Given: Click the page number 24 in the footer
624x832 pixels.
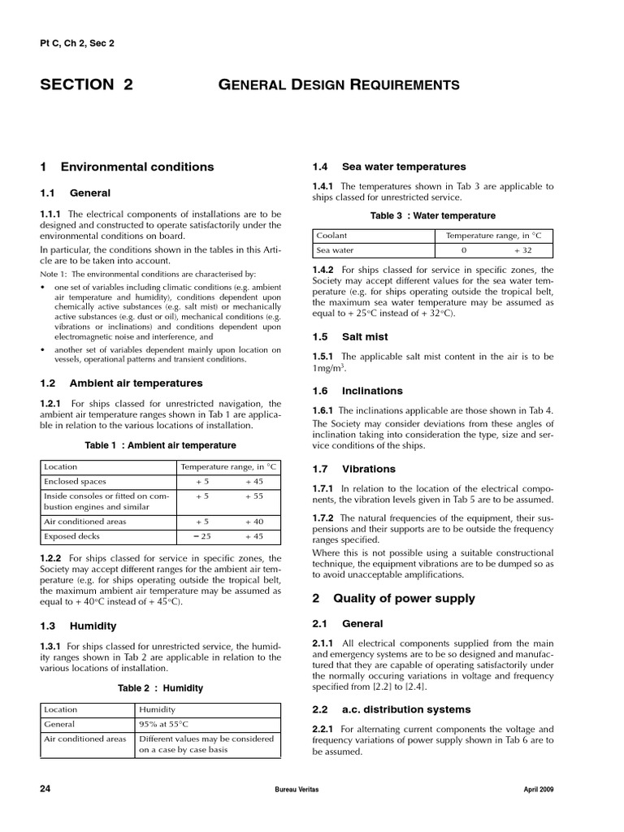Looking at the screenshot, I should (45, 789).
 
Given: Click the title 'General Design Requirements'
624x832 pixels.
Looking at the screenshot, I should (340, 84).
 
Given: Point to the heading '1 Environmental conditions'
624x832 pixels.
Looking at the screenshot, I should (127, 167).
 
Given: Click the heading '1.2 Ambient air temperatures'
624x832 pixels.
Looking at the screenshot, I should (121, 383).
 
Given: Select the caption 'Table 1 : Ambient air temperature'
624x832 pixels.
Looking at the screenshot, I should (161, 445).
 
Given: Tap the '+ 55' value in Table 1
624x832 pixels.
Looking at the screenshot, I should (254, 495).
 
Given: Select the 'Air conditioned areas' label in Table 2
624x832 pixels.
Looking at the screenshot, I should (85, 739).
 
